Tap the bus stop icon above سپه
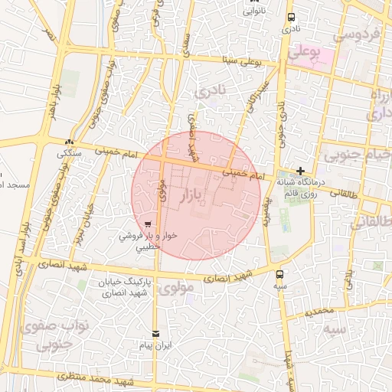coord(279,273)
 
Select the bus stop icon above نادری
coord(291,18)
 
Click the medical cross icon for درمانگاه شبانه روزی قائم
coord(301,171)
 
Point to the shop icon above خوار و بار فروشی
coord(146,225)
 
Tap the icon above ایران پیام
coord(156,334)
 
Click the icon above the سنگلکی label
coord(70,142)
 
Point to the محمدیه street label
coord(319,312)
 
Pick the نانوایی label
coord(254,11)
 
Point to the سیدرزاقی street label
coord(255,97)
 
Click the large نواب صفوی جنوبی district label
coord(63,334)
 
